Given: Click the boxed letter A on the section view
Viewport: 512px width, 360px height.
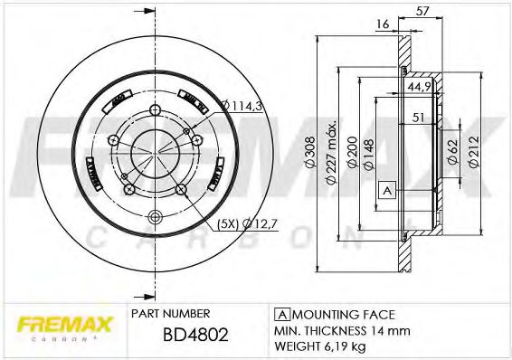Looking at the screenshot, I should click(x=386, y=190).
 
